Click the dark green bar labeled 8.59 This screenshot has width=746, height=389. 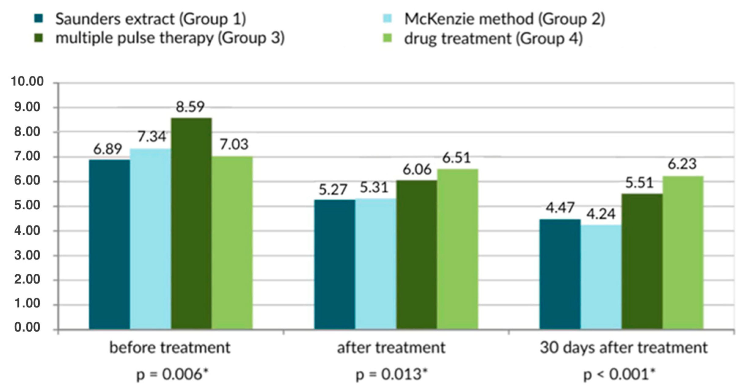[x=191, y=223]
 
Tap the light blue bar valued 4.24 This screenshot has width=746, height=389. [x=601, y=277]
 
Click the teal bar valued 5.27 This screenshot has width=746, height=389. [x=334, y=264]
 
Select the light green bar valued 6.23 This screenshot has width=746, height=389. [x=683, y=252]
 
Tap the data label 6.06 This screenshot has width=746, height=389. [x=417, y=170]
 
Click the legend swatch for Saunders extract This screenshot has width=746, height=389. [x=39, y=19]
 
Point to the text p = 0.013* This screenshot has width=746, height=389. [x=391, y=375]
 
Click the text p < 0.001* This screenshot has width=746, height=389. [x=619, y=375]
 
